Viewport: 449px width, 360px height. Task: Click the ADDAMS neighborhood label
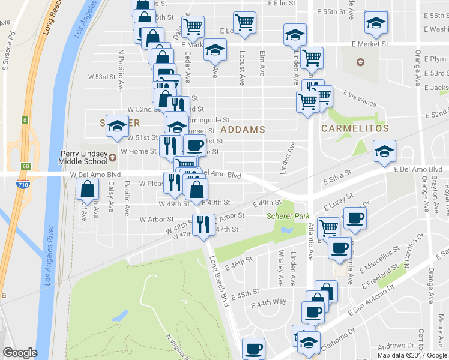(x=243, y=130)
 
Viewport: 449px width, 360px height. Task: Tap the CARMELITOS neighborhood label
(x=355, y=128)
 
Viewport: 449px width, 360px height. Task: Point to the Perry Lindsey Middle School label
(x=83, y=158)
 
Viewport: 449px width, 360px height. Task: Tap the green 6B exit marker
(x=25, y=166)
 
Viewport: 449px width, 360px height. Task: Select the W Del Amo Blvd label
(x=96, y=175)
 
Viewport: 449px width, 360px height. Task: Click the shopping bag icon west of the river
(x=88, y=190)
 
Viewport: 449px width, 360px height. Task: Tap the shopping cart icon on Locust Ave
(x=244, y=23)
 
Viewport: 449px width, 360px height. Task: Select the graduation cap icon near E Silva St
(x=384, y=151)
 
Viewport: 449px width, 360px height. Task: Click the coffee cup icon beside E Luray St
(x=354, y=218)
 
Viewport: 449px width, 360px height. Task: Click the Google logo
(x=20, y=353)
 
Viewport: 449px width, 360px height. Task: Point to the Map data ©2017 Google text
(x=412, y=355)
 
